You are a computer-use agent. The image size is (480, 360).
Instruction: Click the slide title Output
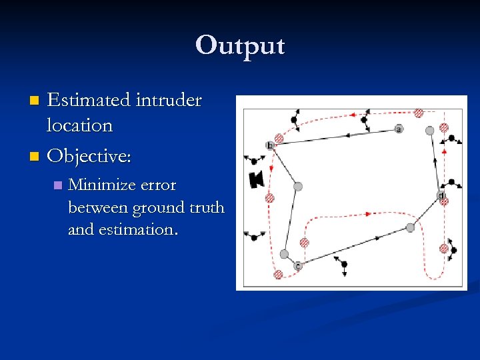coord(240,45)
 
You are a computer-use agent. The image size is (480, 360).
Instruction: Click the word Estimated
coord(89,101)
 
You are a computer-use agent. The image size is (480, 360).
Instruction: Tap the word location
coord(79,125)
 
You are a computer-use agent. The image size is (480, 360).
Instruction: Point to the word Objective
coord(89,156)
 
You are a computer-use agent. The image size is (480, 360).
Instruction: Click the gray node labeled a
coord(399,129)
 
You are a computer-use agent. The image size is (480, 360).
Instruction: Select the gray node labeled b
coord(270,145)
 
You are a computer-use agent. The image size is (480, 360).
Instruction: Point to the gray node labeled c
coord(298,266)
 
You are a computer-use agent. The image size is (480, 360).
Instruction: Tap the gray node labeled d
coord(441,195)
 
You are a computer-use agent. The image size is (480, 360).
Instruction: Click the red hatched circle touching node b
coord(279,139)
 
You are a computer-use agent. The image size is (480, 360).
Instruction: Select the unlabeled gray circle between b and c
coord(298,186)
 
